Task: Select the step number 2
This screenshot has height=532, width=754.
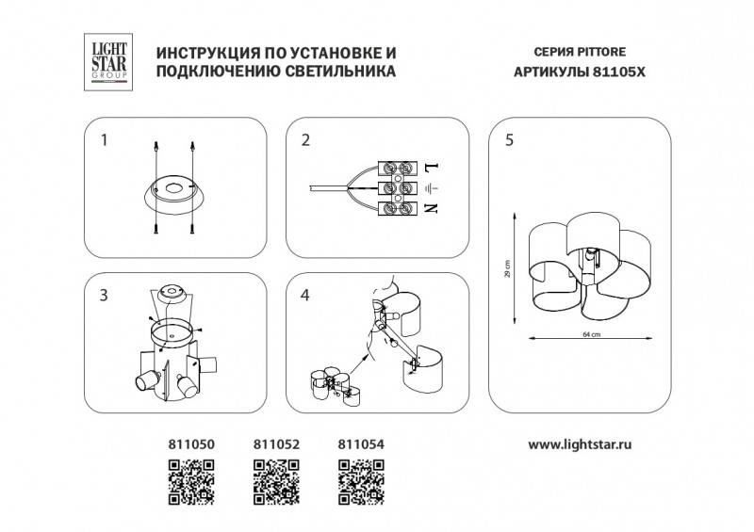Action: tap(304, 141)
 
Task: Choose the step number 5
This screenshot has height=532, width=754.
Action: tap(509, 141)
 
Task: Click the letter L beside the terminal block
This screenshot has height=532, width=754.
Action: tap(432, 169)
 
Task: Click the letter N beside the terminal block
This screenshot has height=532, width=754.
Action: tap(432, 207)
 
